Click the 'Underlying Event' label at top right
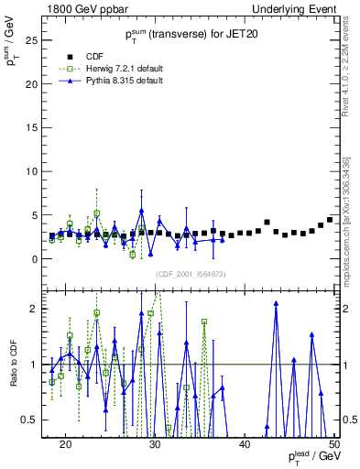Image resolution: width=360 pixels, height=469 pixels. (x=293, y=8)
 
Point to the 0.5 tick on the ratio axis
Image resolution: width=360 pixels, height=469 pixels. (x=35, y=420)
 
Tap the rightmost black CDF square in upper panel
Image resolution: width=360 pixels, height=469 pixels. (x=330, y=220)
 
